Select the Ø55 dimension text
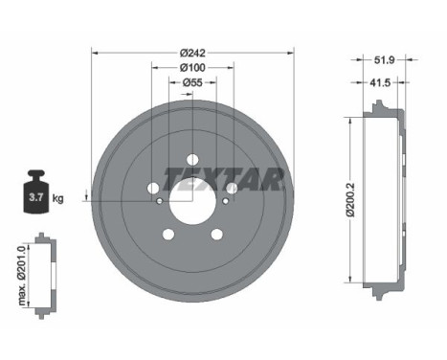click(x=191, y=82)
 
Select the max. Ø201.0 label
click(x=20, y=274)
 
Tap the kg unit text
click(x=58, y=199)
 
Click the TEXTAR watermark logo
click(x=222, y=179)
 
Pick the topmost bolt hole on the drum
click(x=191, y=159)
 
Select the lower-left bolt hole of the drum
click(x=168, y=235)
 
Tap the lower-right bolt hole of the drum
click(x=216, y=235)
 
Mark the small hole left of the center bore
click(x=159, y=201)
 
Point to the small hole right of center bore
click(x=225, y=201)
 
